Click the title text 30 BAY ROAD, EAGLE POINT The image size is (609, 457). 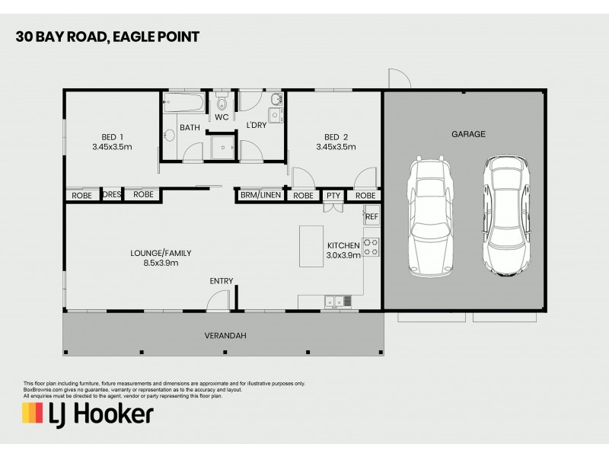click(x=107, y=37)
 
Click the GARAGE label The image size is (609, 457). click(x=468, y=134)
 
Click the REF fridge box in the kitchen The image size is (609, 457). click(x=371, y=217)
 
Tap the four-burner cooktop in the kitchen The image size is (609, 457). click(x=371, y=247)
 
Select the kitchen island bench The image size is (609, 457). click(x=311, y=246)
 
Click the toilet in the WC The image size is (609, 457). click(x=222, y=103)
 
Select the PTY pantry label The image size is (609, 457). click(x=333, y=195)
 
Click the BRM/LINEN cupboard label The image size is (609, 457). click(x=260, y=195)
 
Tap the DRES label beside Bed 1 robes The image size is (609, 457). click(x=112, y=195)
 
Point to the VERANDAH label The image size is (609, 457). click(x=225, y=336)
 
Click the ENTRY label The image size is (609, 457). click(x=222, y=281)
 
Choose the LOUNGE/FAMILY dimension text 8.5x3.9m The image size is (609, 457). click(x=161, y=264)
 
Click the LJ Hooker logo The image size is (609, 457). click(x=88, y=414)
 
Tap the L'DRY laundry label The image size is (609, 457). click(x=256, y=125)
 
